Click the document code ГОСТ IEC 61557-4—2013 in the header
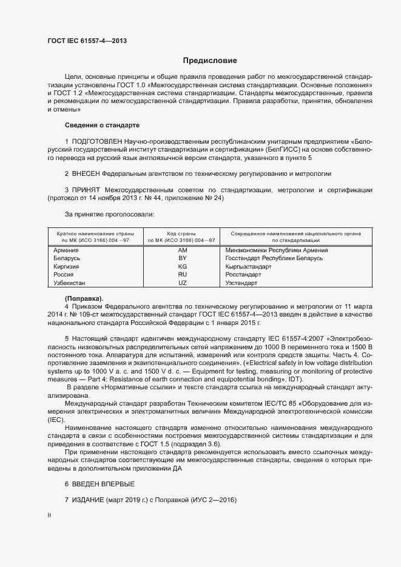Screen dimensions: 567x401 (x=87, y=41)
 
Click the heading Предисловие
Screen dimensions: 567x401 (x=210, y=61)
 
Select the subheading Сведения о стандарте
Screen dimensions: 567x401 (x=102, y=125)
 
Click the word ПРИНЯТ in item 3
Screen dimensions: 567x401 (x=88, y=190)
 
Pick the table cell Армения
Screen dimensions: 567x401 (x=66, y=250)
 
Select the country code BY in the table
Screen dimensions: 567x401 (x=182, y=258)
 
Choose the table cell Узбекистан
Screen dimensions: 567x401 (x=70, y=283)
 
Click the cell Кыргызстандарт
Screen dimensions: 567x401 (x=248, y=267)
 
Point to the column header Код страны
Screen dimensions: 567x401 (x=181, y=233)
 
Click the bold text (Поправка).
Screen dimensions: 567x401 (x=84, y=299)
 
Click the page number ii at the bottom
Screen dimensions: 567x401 (x=49, y=515)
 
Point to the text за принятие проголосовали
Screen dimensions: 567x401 (x=109, y=214)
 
